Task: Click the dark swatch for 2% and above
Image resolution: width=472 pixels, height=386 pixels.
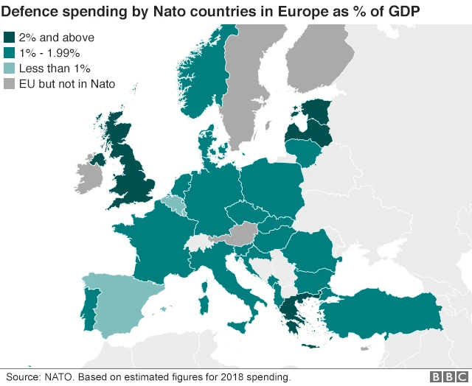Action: tap(10, 38)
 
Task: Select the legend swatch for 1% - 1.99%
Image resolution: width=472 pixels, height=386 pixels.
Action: tap(10, 53)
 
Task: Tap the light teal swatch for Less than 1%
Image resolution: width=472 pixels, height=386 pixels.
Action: tap(10, 69)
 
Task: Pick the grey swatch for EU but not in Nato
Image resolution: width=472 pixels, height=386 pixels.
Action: tap(10, 84)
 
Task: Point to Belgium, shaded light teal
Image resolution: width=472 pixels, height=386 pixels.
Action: tap(174, 203)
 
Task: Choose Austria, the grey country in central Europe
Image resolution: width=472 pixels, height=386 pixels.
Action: tap(237, 236)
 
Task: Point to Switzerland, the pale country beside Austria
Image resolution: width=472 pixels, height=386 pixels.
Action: tap(198, 242)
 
